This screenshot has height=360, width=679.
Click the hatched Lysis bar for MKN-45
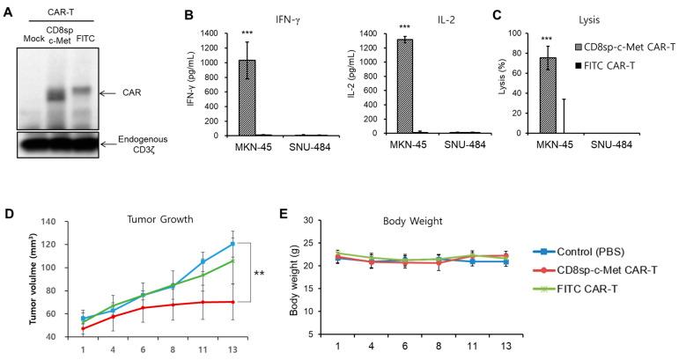click(523, 96)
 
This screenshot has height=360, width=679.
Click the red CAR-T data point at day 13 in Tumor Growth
click(232, 302)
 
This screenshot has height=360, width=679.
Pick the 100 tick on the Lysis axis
click(493, 32)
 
